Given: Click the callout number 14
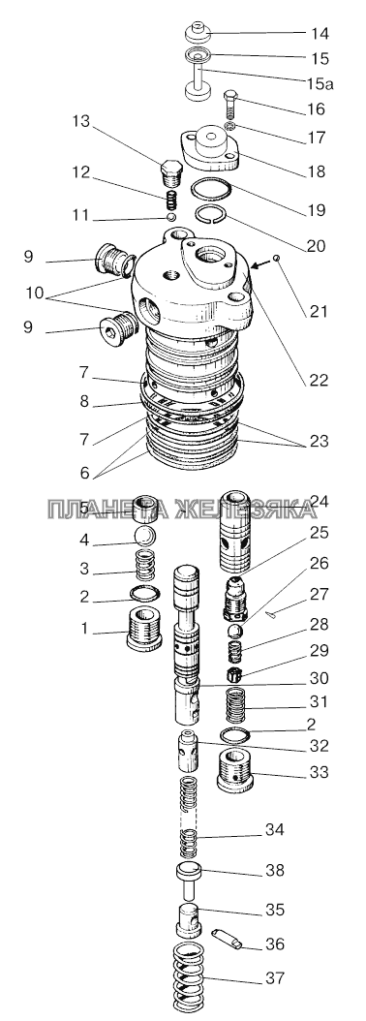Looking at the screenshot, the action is [320, 34].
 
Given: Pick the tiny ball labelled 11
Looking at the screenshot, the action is [170, 216].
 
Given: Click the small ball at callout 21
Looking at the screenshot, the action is [276, 259].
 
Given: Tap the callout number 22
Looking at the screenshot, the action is [319, 381].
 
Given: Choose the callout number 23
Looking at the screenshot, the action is [320, 442].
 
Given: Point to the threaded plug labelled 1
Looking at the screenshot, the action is [143, 629].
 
